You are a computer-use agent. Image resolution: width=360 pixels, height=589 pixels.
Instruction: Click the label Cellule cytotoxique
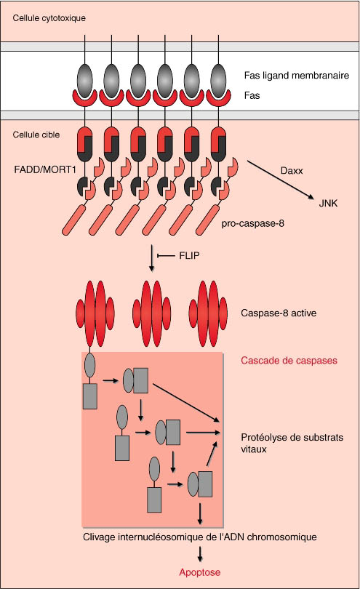[x=49, y=18]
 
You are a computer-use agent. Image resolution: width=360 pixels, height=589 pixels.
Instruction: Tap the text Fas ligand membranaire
[x=297, y=76]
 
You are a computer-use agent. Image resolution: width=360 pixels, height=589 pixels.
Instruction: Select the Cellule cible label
[x=36, y=135]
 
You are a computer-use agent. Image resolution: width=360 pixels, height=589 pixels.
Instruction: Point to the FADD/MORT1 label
[x=45, y=169]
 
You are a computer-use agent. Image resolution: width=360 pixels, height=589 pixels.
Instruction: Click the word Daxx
[x=292, y=171]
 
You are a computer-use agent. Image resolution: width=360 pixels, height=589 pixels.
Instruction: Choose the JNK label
[x=328, y=203]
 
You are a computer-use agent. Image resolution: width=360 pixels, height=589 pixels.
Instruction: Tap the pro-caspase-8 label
[x=252, y=223]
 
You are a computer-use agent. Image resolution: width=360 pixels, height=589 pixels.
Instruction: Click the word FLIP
[x=189, y=256]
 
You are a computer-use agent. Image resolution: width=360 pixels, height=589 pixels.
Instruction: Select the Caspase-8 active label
[x=279, y=313]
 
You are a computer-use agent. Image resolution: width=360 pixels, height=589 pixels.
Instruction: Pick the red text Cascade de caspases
[x=289, y=361]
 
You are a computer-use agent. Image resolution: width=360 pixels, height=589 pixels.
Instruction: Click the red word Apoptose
[x=199, y=572]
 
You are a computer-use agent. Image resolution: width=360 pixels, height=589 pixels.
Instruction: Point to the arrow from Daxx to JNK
[x=280, y=180]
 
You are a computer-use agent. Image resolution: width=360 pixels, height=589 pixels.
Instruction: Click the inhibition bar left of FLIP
[x=166, y=256]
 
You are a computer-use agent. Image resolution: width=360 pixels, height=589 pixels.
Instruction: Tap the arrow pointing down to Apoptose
[x=200, y=553]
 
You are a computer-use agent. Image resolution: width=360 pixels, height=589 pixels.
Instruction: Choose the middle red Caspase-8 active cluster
[x=152, y=313]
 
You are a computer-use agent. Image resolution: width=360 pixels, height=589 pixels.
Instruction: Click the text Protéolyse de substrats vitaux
[x=292, y=444]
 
